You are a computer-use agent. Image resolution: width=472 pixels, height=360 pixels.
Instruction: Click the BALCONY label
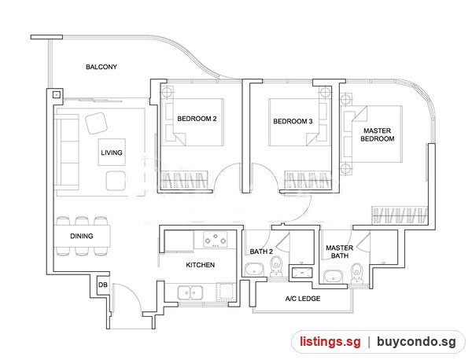coord(101,67)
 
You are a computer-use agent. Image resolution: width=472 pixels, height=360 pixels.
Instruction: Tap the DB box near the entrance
coord(102,285)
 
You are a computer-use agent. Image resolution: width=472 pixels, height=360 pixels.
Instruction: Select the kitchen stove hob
coord(216,240)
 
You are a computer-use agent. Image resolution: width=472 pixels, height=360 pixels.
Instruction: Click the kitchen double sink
coord(190,292)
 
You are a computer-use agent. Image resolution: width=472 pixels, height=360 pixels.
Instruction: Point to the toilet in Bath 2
coord(275,266)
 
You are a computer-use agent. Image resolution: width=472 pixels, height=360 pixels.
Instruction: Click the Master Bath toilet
coord(356,274)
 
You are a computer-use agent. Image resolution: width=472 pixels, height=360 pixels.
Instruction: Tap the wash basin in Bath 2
coord(254,270)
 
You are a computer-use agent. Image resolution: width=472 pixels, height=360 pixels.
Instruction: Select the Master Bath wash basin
coord(333,277)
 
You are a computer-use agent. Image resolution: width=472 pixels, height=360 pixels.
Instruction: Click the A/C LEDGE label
coord(303,299)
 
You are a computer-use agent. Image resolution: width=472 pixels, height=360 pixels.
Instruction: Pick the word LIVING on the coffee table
coord(112,152)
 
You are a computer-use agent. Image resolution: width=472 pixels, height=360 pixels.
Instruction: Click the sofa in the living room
coord(67,152)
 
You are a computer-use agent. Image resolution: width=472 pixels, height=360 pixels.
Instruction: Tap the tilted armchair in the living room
coord(96,123)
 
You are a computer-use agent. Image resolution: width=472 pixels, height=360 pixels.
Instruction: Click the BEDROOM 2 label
coord(197,119)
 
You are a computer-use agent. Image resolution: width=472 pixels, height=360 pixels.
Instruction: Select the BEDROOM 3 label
coord(293,122)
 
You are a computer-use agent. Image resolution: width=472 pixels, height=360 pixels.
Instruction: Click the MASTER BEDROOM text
coord(377,134)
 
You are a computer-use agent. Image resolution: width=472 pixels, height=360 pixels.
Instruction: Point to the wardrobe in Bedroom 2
coord(185,180)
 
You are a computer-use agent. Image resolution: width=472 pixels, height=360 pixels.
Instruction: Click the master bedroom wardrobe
coord(400,215)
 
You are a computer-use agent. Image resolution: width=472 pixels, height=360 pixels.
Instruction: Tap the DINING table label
coord(82,236)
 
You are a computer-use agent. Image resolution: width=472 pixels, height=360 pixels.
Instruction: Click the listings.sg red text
coord(330,342)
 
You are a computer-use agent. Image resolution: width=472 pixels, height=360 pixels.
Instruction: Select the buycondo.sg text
coord(416,342)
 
